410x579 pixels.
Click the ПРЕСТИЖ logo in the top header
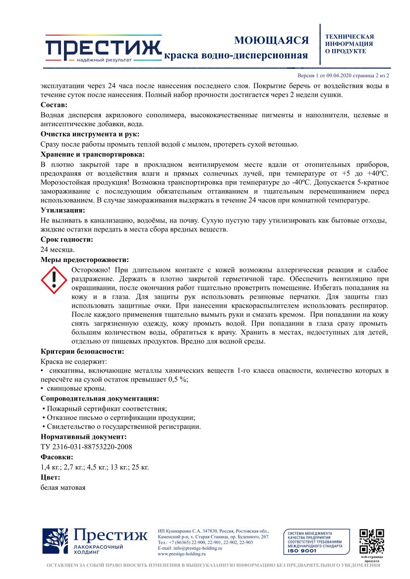pos(103,48)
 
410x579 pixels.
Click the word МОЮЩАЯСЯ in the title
pos(271,40)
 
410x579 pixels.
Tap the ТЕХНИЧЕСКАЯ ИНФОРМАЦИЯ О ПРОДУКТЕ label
pos(349,44)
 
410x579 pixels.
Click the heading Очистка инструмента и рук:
pos(89,134)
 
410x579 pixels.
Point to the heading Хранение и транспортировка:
pos(92,154)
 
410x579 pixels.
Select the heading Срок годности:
pos(66,240)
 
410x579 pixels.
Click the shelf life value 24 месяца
pos(58,250)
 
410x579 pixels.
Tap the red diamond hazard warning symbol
pos(54,280)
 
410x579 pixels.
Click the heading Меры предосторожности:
pos(84,260)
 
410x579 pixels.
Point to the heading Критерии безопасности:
pos(82,352)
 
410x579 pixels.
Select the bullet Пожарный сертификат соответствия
pos(106,409)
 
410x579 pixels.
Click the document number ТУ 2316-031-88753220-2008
pos(86,447)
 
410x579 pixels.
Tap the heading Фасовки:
pos(57,457)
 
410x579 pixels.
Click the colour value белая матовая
pos(63,487)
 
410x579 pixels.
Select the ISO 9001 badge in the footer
pos(314,542)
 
